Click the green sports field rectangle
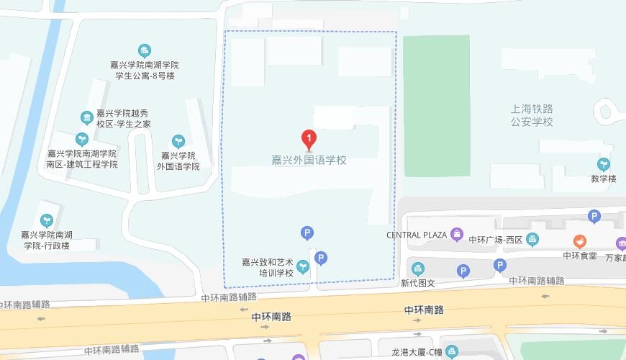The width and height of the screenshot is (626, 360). coord(436,105)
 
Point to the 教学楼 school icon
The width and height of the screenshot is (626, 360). coord(604,165)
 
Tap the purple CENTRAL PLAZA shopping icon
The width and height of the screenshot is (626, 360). coord(456,234)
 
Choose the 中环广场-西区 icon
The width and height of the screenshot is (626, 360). coord(532,239)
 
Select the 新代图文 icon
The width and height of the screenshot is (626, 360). coord(418,269)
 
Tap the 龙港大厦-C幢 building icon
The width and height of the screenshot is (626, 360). coord(451,352)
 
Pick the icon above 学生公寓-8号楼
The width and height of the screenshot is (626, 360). coord(145,50)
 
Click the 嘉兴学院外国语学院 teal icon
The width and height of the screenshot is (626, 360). coord(178,140)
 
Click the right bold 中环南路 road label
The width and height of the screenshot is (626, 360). coord(424,310)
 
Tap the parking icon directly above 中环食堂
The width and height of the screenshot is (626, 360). coord(594,216)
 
